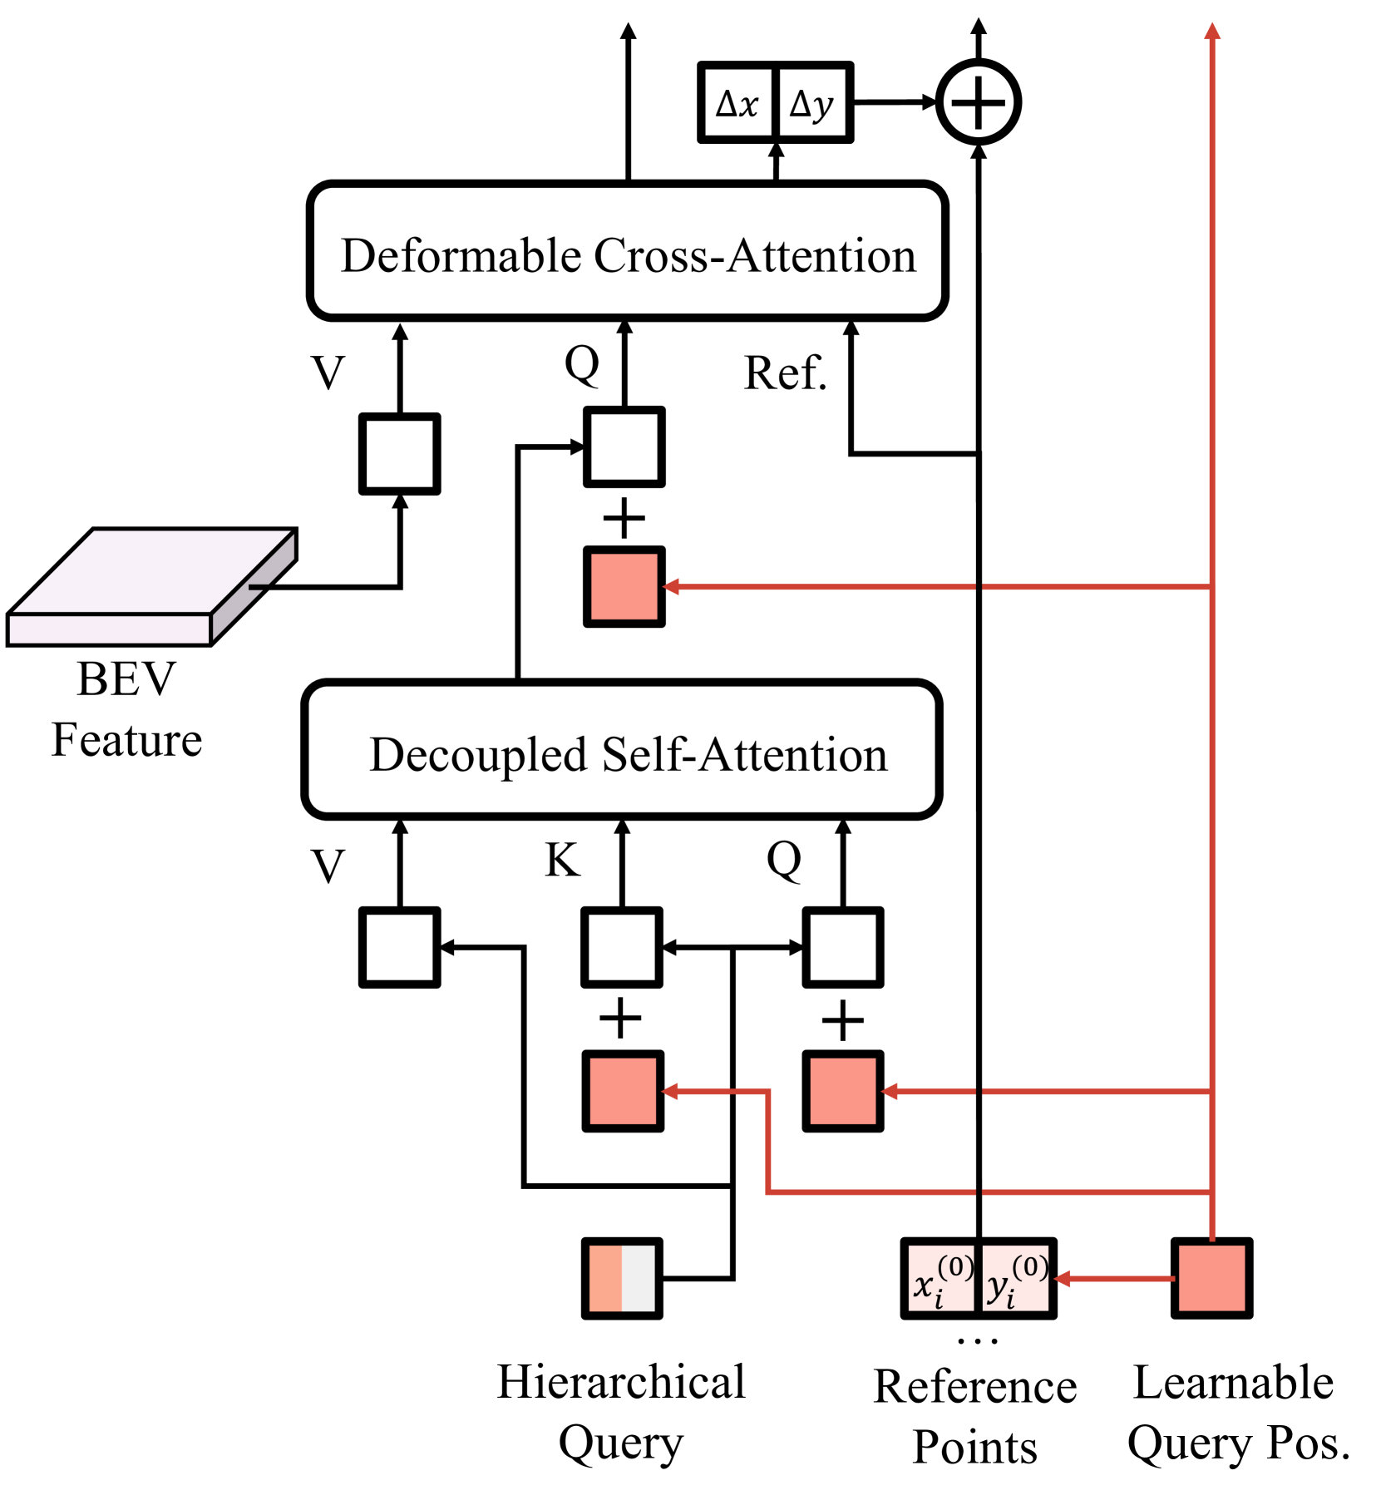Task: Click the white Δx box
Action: (737, 102)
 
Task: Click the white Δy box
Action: (812, 102)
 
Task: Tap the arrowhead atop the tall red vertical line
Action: (1211, 31)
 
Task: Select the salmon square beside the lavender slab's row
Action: (624, 586)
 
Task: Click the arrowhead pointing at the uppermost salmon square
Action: (670, 586)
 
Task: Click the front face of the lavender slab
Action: (109, 629)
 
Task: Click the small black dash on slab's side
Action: (257, 587)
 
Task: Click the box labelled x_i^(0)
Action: (940, 1278)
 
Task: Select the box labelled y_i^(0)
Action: (1015, 1278)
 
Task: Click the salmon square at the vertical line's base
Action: (1211, 1278)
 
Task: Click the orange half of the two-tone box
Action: (605, 1278)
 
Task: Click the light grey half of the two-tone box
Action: (639, 1278)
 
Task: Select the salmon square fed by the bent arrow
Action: (623, 1091)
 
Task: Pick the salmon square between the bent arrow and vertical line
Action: (842, 1091)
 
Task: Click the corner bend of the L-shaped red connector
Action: (767, 1192)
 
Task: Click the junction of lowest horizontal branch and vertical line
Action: (1211, 1192)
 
